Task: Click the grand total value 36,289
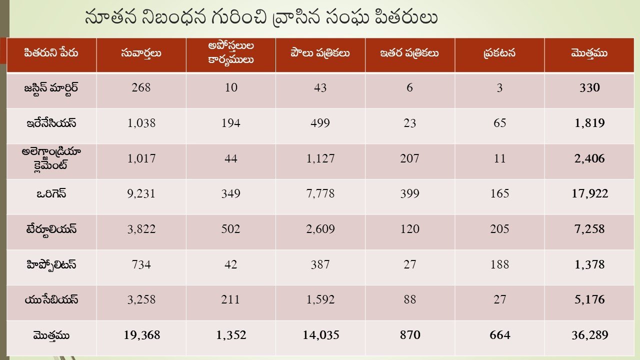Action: tap(589, 335)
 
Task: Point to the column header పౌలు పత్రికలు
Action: tap(320, 53)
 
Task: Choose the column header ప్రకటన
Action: tap(499, 53)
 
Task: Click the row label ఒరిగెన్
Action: tap(51, 194)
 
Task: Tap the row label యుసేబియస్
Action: tap(51, 300)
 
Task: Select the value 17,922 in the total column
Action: tap(589, 194)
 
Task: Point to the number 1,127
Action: tap(320, 159)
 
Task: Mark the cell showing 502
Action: tap(230, 229)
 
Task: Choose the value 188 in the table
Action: tap(499, 264)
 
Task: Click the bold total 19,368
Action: tap(142, 335)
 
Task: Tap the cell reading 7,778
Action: tap(320, 194)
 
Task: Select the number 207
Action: tap(409, 159)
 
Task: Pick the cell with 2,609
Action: tap(320, 229)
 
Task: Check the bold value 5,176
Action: tap(589, 300)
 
